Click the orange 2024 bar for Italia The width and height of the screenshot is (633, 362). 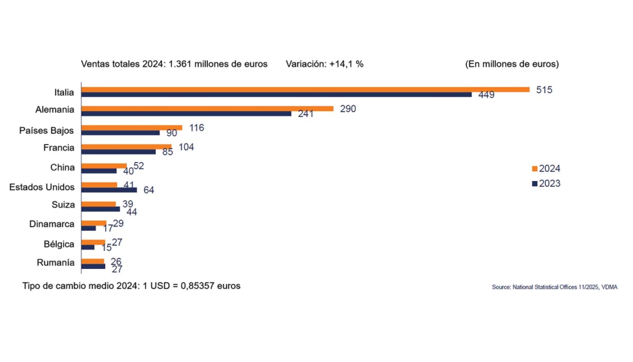tap(305, 89)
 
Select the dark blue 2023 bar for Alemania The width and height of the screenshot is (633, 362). tap(186, 114)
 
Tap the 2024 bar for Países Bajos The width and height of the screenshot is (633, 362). tap(132, 127)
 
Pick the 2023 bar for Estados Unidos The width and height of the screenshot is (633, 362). tap(109, 190)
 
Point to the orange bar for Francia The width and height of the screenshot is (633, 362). tap(127, 147)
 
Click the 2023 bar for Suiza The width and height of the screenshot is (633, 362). tap(101, 209)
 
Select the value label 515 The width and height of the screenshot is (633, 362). tap(545, 90)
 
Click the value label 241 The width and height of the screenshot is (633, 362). tap(306, 114)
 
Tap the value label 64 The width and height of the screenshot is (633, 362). tap(149, 190)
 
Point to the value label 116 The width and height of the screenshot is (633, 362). tap(196, 128)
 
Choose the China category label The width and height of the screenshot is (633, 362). tap(63, 167)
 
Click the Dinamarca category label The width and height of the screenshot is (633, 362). tap(52, 225)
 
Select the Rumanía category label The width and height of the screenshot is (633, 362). tap(56, 263)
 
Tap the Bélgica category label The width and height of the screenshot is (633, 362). tap(59, 244)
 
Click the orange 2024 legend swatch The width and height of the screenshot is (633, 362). tap(534, 169)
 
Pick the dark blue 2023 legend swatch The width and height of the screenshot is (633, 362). tap(534, 184)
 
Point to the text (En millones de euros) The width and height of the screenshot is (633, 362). tap(512, 64)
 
